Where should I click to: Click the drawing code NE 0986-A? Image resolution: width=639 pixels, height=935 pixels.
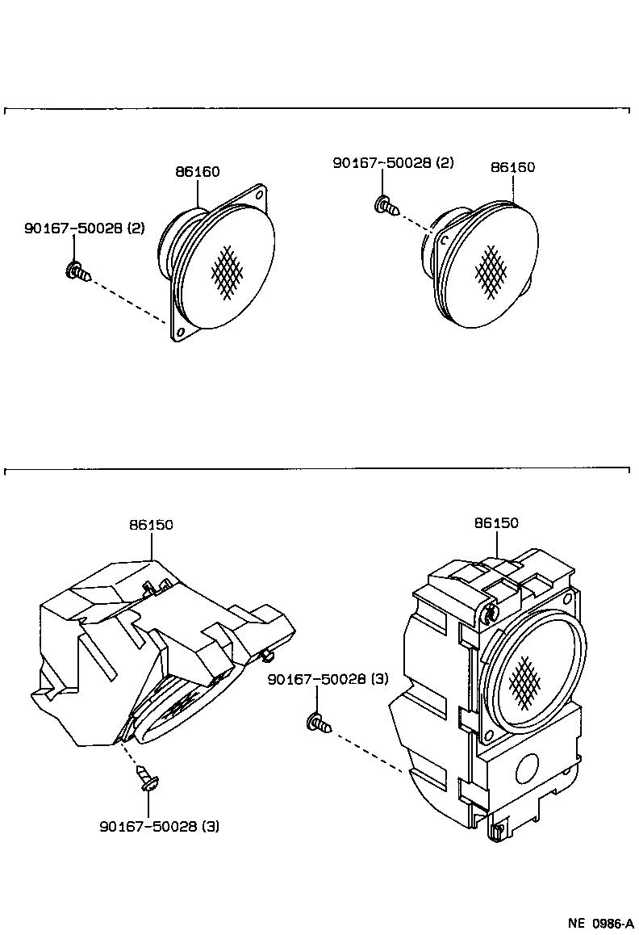point(600,922)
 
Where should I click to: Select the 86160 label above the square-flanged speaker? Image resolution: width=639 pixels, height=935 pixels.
point(198,171)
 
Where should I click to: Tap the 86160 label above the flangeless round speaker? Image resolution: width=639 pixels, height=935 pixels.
point(513,167)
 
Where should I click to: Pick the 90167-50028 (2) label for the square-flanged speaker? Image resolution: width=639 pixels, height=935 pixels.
point(84,229)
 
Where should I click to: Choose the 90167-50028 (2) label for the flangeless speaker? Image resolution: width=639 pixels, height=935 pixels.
point(393,162)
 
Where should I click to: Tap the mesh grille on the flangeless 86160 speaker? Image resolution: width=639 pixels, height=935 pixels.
point(491,268)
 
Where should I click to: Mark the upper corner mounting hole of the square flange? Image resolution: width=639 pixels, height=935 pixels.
point(260,195)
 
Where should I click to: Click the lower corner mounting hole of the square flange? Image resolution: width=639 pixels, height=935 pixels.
point(180,332)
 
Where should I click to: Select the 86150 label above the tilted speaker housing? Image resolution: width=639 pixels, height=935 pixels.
point(151,525)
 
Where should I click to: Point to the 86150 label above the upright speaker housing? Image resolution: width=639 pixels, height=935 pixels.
point(496,523)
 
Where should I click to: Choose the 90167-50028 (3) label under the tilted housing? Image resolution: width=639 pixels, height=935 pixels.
point(159,826)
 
